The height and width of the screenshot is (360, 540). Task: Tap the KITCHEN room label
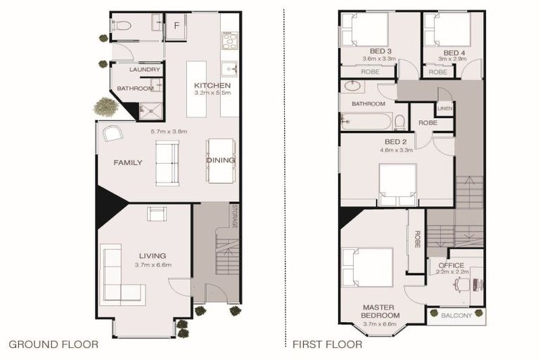212,86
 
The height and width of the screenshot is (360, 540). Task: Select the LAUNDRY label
146,70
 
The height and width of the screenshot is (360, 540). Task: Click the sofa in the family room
167,162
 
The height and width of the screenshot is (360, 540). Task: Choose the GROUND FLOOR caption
53,345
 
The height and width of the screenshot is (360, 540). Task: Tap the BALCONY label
456,316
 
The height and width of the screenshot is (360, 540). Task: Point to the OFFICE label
451,265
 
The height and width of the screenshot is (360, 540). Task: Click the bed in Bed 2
397,184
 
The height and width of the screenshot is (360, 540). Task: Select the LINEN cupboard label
444,108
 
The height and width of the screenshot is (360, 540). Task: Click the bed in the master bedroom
367,267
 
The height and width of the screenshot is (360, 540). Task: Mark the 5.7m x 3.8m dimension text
170,131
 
